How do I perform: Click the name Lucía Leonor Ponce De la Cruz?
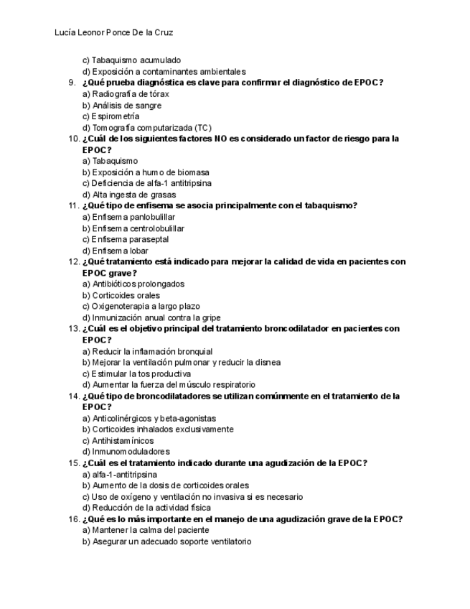114,33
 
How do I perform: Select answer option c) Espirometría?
111,116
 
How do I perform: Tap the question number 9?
72,83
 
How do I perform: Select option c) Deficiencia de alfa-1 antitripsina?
147,183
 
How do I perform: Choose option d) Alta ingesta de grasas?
129,195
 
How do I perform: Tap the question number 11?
72,206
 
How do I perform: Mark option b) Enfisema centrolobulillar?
133,228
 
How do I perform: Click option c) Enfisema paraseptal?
126,240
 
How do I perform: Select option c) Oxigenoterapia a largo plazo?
141,307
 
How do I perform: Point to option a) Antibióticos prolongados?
133,284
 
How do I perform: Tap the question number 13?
72,329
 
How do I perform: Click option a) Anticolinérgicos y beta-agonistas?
149,419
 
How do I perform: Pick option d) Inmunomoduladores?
126,452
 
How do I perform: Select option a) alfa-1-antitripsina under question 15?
120,475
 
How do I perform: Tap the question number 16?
72,519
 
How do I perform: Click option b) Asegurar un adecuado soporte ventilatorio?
167,542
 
